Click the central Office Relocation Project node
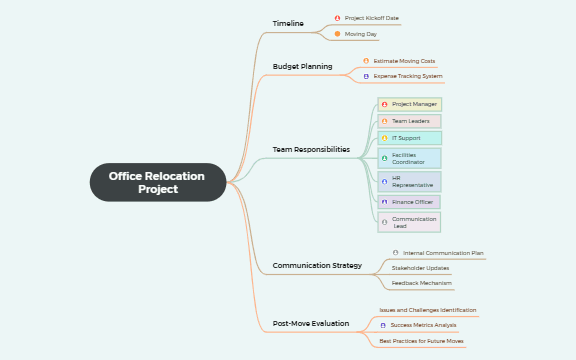(x=157, y=182)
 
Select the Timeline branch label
(x=288, y=23)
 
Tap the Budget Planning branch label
(x=302, y=67)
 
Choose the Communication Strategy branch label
(x=317, y=265)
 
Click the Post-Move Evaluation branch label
(x=311, y=324)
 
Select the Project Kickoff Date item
(x=372, y=18)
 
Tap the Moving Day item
(x=361, y=34)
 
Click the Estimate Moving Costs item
(x=404, y=61)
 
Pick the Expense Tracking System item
(x=408, y=76)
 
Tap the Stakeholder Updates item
(x=420, y=268)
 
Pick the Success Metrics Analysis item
(x=423, y=325)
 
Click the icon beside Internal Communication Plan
(x=396, y=253)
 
